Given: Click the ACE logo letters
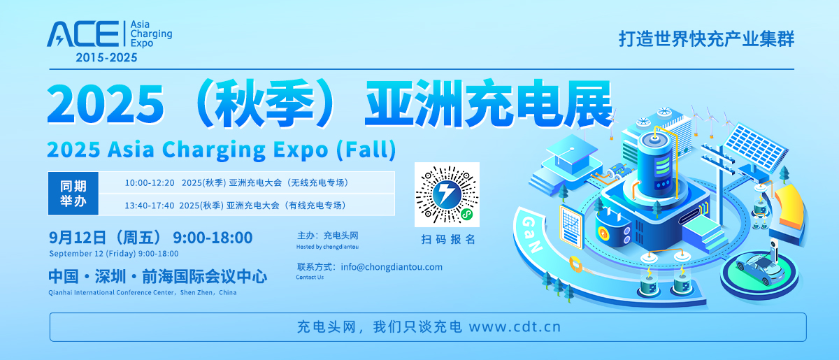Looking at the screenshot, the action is click(83, 34).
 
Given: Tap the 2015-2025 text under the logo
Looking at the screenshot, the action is click(106, 57).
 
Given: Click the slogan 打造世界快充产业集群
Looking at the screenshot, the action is click(706, 39).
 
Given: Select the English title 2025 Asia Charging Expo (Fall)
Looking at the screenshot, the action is click(222, 150).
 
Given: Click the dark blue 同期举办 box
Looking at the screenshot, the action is click(73, 194).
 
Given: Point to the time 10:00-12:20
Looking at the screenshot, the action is click(150, 183).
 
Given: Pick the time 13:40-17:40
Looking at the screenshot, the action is click(150, 206).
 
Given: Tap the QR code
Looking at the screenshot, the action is click(447, 194).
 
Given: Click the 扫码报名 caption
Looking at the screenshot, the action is click(448, 239).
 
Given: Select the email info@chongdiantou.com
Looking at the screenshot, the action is click(392, 267).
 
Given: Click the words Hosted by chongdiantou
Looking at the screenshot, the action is click(327, 247).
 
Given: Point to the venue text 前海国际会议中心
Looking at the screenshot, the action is click(204, 277).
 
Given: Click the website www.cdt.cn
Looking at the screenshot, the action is click(515, 326).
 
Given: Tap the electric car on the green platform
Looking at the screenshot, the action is click(761, 268).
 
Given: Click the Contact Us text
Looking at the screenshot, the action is click(310, 278).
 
